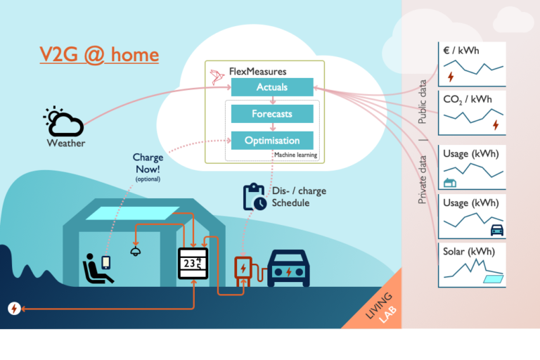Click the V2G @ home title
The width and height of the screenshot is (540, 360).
click(x=98, y=55)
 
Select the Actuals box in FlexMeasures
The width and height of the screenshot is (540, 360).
click(x=271, y=87)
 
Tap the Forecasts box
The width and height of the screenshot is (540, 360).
click(x=271, y=113)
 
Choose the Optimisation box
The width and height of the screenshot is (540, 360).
click(x=271, y=140)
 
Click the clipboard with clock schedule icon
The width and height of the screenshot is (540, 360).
click(x=255, y=197)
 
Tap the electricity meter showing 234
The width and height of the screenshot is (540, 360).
click(x=193, y=264)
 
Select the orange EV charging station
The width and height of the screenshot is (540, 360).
click(x=243, y=272)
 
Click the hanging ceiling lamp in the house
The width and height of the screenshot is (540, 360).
click(x=135, y=250)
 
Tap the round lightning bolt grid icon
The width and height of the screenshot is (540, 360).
click(x=14, y=308)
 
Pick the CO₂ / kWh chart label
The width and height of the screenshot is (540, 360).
click(x=468, y=99)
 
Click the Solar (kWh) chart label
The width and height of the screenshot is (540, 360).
click(x=468, y=251)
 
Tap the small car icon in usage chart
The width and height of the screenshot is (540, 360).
click(x=496, y=229)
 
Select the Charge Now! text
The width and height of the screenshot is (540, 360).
click(x=148, y=163)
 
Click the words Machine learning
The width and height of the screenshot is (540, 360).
click(x=295, y=155)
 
